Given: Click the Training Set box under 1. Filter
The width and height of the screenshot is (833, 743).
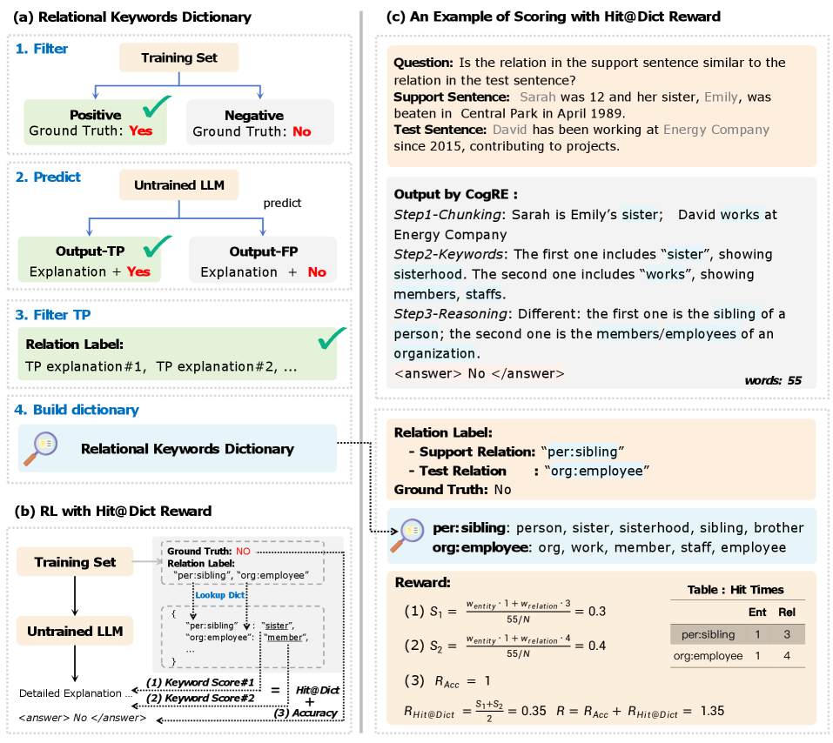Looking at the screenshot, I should [x=180, y=59].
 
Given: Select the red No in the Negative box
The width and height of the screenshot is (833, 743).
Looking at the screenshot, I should [x=301, y=131].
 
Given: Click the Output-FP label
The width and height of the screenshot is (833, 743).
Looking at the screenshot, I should [x=263, y=251].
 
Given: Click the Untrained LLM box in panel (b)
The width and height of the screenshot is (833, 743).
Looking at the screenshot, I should [x=75, y=631].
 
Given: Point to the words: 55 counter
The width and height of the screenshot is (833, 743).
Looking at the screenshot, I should [x=774, y=380].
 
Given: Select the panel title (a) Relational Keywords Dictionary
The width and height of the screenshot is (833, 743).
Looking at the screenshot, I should [x=133, y=17].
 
